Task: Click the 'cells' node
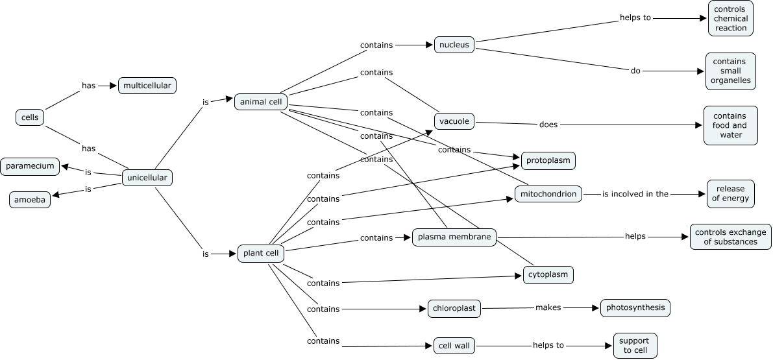(30, 117)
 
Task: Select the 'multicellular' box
(147, 86)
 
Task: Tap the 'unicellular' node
(147, 178)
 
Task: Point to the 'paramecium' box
(31, 166)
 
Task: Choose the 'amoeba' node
(30, 200)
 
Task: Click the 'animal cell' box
(260, 102)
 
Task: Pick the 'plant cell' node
(261, 254)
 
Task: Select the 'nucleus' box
(454, 45)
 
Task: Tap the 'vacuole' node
(454, 121)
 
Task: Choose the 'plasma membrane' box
(454, 237)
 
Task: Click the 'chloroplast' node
(454, 308)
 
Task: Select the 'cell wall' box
(454, 346)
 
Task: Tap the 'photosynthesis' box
(635, 307)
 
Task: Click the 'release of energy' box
(731, 194)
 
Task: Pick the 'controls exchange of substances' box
(731, 237)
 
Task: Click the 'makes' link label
(548, 307)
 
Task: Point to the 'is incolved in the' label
(635, 194)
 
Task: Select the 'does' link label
(548, 125)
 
